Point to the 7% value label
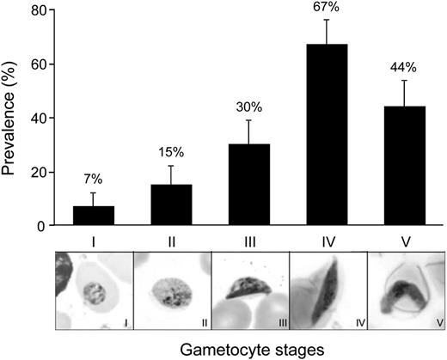click(x=93, y=179)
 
